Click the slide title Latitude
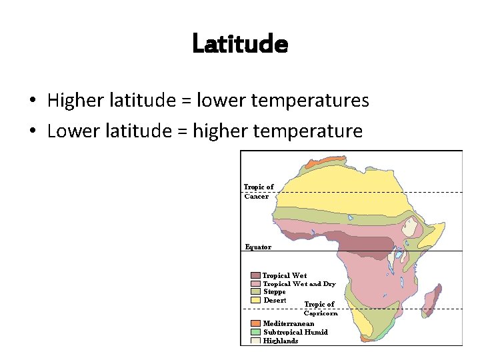240,44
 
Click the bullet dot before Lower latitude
32,131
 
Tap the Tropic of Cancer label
259,191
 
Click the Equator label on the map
258,247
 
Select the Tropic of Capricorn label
320,309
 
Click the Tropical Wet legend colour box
256,275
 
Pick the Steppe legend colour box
256,291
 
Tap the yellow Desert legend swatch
256,300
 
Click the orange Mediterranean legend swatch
256,323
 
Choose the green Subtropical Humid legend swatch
256,331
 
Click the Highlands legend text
281,341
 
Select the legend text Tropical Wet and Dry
299,284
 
